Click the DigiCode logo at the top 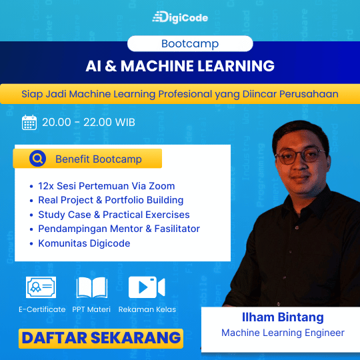pyautogui.click(x=180, y=17)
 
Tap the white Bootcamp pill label pyautogui.click(x=190, y=43)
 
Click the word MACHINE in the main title pyautogui.click(x=157, y=66)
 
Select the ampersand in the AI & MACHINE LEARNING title pyautogui.click(x=111, y=66)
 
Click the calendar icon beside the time pyautogui.click(x=29, y=123)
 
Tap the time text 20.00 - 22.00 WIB pyautogui.click(x=89, y=122)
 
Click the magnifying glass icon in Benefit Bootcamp pyautogui.click(x=37, y=158)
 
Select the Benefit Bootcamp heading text pyautogui.click(x=99, y=159)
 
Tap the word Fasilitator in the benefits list pyautogui.click(x=177, y=229)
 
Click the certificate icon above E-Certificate pyautogui.click(x=41, y=287)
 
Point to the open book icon pyautogui.click(x=92, y=287)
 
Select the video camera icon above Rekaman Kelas pyautogui.click(x=147, y=287)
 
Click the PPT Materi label pyautogui.click(x=91, y=309)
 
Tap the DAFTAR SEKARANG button pyautogui.click(x=101, y=339)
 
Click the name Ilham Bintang pyautogui.click(x=283, y=318)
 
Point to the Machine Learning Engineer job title pyautogui.click(x=283, y=333)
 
